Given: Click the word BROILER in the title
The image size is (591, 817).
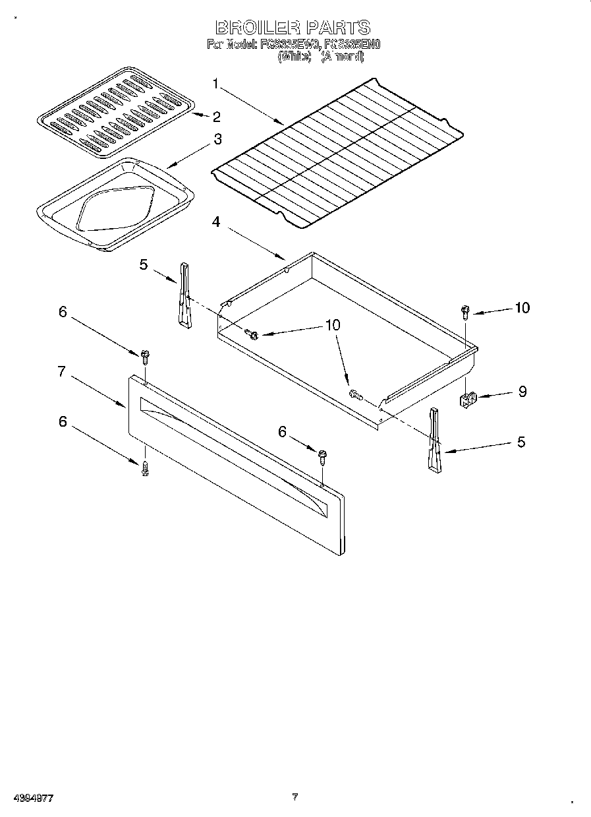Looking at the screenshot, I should click(256, 28).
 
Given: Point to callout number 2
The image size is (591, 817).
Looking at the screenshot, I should click(216, 117).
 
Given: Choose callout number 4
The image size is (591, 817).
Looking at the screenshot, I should click(216, 222).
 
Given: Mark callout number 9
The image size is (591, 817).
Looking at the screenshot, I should click(522, 392).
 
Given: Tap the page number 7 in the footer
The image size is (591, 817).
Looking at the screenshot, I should click(296, 797).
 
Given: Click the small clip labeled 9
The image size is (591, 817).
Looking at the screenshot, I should click(467, 399).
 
